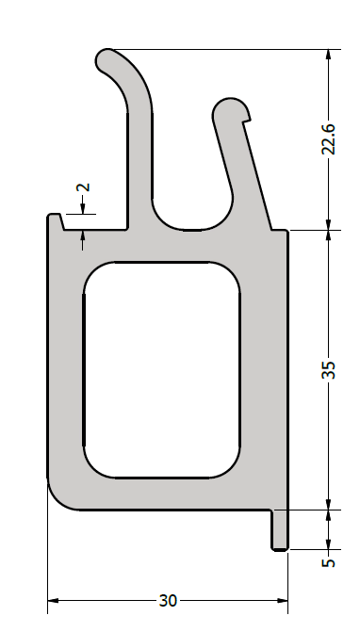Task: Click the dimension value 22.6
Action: [329, 139]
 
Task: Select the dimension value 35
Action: [329, 369]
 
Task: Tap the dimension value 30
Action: [168, 601]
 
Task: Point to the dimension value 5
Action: [329, 562]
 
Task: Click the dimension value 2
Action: [83, 187]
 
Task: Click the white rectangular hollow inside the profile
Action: [162, 370]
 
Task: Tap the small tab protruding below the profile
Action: [280, 530]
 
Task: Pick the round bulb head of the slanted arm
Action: [231, 110]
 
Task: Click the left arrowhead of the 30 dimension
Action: [53, 601]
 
